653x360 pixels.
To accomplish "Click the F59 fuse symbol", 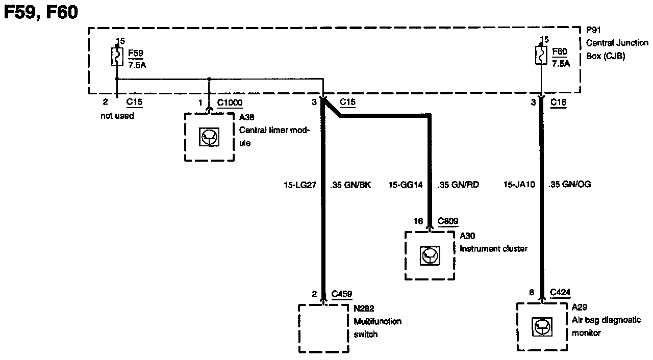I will click(117, 57).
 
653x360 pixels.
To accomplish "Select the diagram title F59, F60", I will click(41, 12).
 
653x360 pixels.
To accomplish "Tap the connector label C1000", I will click(229, 102).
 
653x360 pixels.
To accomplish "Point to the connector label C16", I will click(559, 102).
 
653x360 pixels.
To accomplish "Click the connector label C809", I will click(448, 221).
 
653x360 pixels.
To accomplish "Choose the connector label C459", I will click(341, 294).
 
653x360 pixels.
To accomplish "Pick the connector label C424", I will click(560, 293).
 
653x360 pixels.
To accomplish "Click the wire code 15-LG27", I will click(300, 185).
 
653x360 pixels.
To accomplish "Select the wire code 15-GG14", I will click(406, 185).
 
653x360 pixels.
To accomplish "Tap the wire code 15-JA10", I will click(518, 185).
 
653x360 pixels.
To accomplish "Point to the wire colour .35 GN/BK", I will click(350, 185).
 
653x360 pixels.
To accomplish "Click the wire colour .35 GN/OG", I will click(569, 185).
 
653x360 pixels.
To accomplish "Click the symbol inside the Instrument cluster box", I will click(429, 255).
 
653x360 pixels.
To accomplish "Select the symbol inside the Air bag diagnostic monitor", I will click(541, 327).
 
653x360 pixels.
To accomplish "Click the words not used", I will click(117, 116).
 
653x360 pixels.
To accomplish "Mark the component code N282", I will click(364, 308).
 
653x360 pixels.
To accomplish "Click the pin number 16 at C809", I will click(418, 221).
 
